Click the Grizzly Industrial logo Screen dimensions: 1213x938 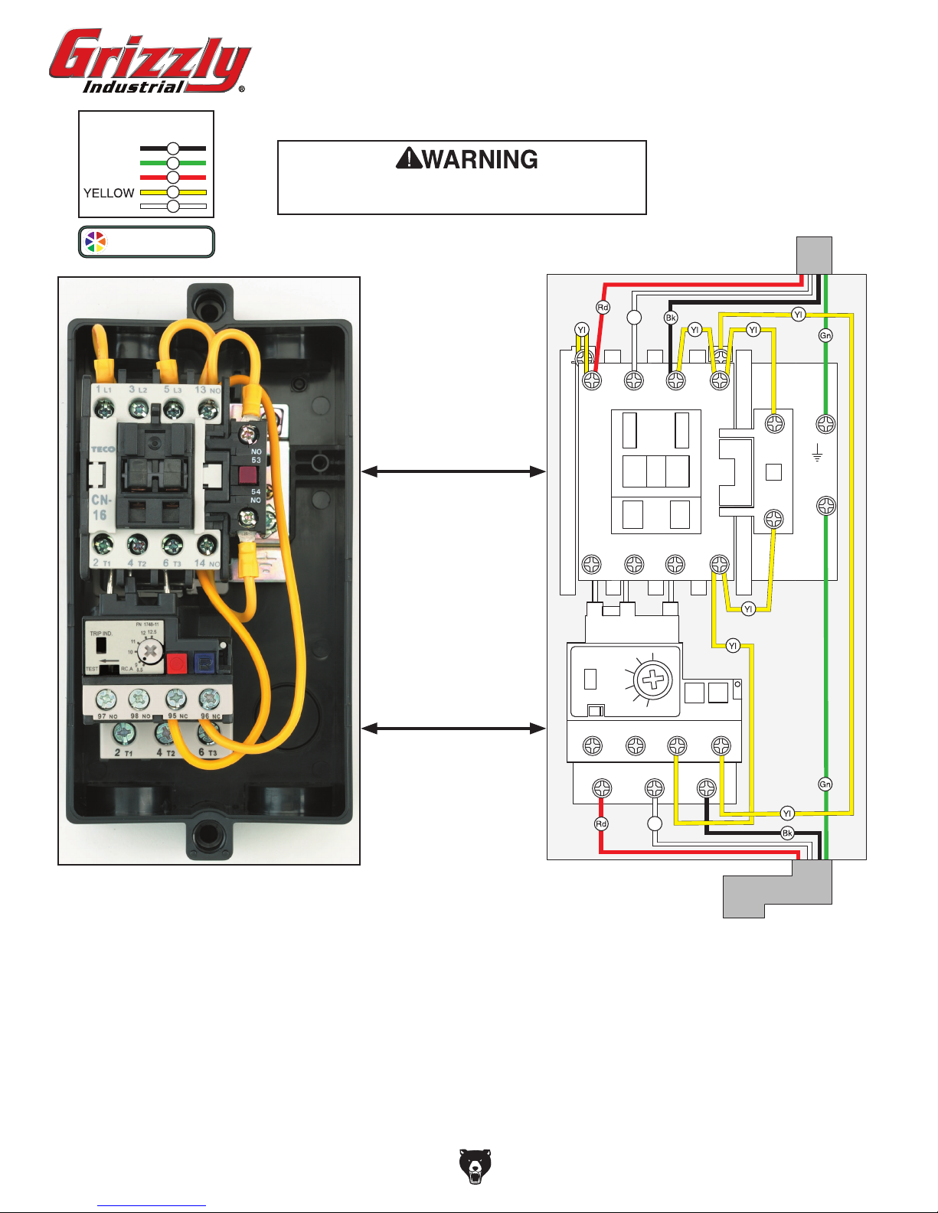point(149,61)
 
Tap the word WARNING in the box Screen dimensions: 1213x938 point(480,159)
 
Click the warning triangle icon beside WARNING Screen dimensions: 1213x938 point(408,158)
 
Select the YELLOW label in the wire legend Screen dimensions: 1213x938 point(109,193)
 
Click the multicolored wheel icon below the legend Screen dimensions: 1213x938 point(96,242)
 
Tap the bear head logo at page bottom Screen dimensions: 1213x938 point(475,1166)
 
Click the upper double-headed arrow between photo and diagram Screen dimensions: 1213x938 point(453,471)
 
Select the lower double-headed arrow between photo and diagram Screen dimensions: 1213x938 point(453,729)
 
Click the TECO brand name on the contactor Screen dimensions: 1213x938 point(103,449)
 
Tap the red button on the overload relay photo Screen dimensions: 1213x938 point(177,662)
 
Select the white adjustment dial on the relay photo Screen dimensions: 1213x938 point(151,652)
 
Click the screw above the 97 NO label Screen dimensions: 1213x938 point(106,698)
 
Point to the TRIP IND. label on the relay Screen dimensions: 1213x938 point(101,634)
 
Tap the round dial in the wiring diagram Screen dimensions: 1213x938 point(653,679)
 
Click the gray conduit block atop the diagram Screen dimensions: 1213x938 point(814,255)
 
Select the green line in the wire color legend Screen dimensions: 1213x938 point(173,163)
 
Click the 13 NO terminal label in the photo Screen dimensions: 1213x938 point(207,390)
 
